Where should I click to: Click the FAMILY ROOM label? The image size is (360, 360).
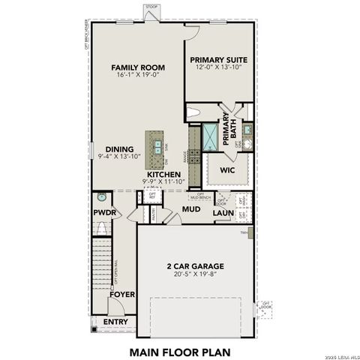[138, 67]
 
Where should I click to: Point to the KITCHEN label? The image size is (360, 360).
[163, 174]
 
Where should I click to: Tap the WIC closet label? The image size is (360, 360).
[228, 170]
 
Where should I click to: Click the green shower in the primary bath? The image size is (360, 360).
[209, 136]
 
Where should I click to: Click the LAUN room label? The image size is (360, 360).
[222, 214]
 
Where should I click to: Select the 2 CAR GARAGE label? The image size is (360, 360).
[195, 266]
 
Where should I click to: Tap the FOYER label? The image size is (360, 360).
[122, 295]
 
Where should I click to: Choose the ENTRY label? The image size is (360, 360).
[115, 322]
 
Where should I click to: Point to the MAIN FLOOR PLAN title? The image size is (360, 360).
[180, 350]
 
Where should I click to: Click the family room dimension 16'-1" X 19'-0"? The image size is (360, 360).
[138, 76]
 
